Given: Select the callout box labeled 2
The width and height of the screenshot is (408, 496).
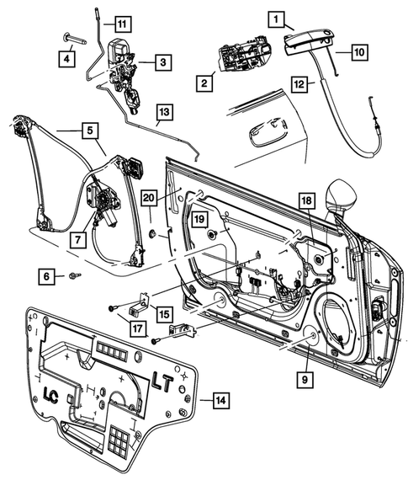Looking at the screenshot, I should [203, 83].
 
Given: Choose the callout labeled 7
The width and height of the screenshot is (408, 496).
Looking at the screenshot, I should [77, 239].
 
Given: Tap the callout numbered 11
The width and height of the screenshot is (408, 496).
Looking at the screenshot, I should [124, 23].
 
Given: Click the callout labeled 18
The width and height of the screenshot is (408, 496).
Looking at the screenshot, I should [307, 200].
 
